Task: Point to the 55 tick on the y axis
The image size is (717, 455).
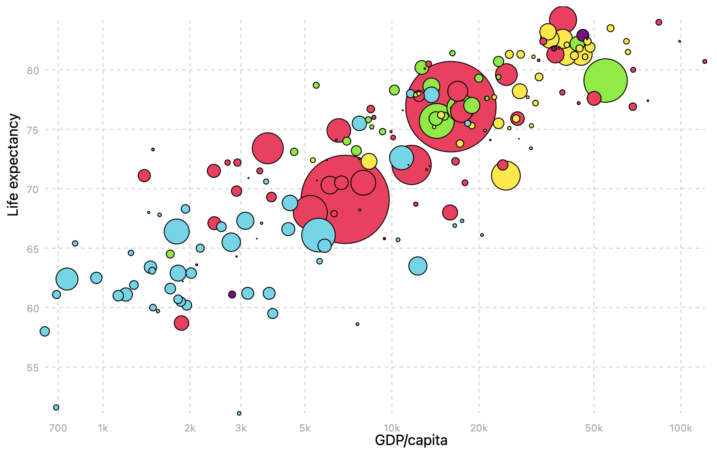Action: [33, 368]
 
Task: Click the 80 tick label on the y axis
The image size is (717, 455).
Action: [33, 71]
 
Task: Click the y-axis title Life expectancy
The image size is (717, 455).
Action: [14, 165]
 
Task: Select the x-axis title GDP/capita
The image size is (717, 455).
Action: [411, 441]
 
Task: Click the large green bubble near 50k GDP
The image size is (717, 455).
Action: [605, 81]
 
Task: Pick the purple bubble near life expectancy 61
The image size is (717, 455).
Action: [232, 294]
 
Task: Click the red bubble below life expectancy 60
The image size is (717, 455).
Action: [181, 323]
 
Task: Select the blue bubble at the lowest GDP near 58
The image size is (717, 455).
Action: [45, 332]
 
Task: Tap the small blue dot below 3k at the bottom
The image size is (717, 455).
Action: [239, 413]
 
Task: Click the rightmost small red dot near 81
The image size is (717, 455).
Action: [705, 62]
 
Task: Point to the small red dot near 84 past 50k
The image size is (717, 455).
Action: [659, 22]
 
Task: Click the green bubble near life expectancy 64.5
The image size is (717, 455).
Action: [170, 254]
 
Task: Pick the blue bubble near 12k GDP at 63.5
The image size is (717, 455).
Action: [418, 266]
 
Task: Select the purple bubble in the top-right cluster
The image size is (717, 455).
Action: [583, 35]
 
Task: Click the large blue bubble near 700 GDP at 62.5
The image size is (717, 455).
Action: [67, 279]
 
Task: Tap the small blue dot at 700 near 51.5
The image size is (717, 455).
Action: [56, 408]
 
